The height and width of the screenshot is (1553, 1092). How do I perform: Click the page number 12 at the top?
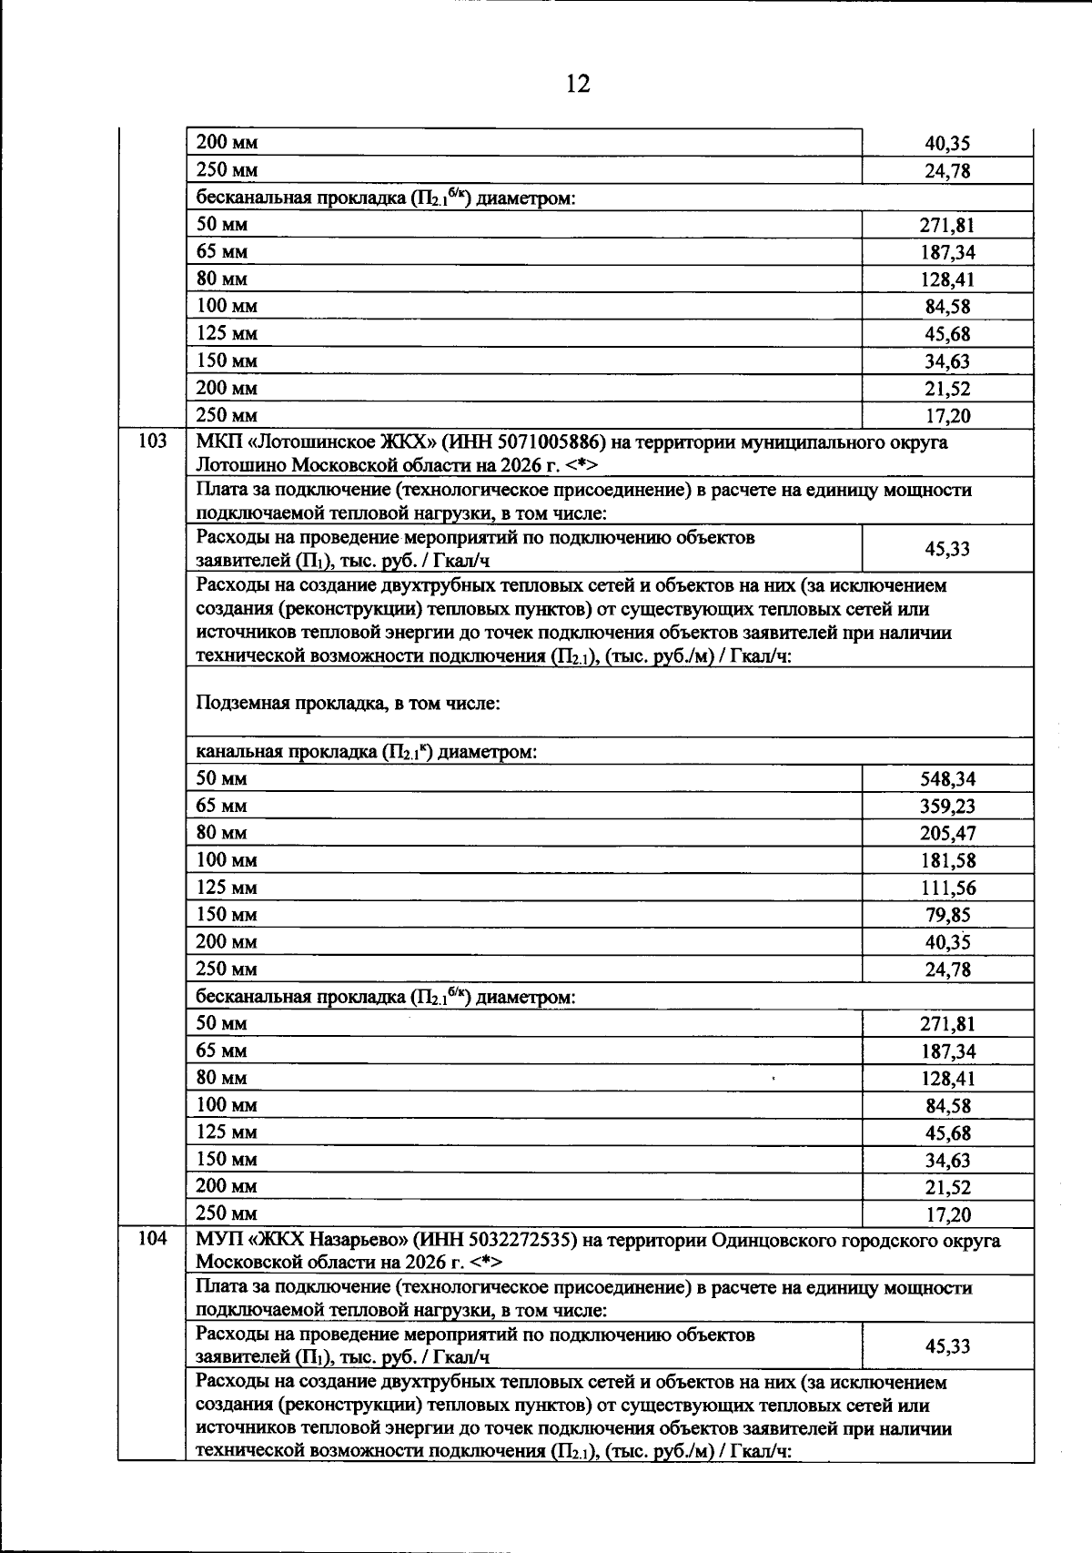578,84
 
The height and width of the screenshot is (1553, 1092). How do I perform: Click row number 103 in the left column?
152,442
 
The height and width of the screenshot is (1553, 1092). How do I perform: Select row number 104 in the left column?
152,1239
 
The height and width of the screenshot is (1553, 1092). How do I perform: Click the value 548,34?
947,779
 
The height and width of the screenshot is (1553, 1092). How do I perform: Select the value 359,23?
947,807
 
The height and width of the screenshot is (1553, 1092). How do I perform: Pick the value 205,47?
947,834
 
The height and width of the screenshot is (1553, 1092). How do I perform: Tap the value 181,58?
947,861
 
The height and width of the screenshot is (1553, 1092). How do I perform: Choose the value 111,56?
947,888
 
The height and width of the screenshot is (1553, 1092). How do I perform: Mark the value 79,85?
947,916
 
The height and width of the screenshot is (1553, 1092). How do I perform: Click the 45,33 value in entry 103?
947,549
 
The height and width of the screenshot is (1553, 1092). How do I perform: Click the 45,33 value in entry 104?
947,1346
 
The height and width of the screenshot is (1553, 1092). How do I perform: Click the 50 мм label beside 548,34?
222,778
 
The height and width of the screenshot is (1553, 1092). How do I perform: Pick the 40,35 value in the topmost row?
947,144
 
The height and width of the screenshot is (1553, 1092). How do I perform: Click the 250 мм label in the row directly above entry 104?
227,1213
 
